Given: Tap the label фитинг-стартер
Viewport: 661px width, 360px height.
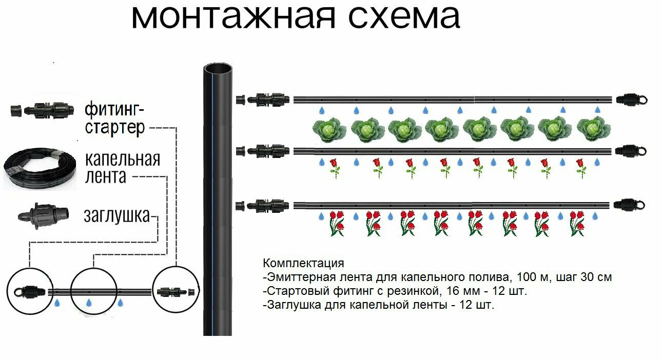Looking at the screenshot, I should (x=115, y=117).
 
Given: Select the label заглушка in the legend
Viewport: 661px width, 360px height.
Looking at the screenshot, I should (x=117, y=216).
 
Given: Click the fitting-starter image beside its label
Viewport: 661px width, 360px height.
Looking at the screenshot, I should (x=39, y=109).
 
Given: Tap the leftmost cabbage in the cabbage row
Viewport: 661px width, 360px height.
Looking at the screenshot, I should (x=329, y=129).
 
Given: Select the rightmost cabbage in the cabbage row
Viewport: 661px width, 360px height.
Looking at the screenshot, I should (x=594, y=129).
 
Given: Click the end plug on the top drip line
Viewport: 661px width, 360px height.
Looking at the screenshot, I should (x=627, y=99).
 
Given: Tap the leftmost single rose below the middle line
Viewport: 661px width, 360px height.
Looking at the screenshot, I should (x=335, y=167).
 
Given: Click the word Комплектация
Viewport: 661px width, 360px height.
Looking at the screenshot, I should (x=303, y=264).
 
